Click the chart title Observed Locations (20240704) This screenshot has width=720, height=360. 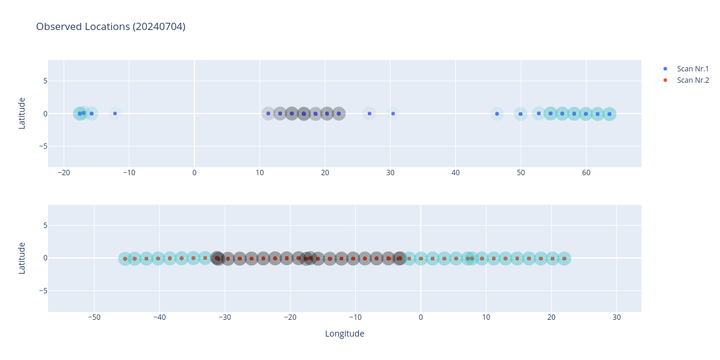[110, 26]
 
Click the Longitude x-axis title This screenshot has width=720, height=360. [344, 334]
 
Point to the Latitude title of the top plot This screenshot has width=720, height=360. [22, 113]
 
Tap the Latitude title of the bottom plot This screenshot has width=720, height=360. [22, 258]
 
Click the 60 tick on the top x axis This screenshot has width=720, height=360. [586, 173]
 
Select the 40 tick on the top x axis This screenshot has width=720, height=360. [455, 173]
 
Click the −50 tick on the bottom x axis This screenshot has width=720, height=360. [94, 317]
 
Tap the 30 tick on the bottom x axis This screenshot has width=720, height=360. [617, 317]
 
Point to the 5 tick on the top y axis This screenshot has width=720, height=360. [44, 81]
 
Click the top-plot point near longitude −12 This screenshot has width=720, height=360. [115, 113]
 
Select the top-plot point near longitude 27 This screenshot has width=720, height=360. [370, 113]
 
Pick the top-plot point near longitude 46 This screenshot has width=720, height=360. [497, 113]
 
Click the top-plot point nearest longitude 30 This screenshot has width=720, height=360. [393, 113]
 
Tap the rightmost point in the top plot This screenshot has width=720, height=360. [609, 114]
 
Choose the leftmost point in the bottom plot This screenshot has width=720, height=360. [125, 259]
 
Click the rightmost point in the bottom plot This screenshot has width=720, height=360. [564, 259]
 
